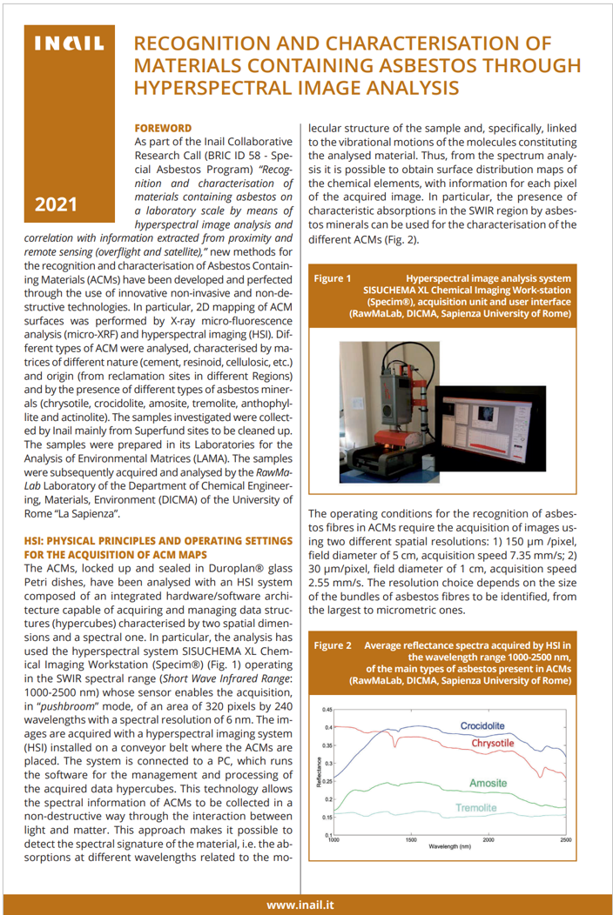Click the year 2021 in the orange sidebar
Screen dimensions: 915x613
56,206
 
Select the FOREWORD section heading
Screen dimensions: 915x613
163,127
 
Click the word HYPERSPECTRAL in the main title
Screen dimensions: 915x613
201,87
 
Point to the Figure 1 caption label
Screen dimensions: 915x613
333,278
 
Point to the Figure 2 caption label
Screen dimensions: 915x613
333,645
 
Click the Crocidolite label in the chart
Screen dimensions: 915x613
488,725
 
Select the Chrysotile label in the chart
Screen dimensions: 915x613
492,744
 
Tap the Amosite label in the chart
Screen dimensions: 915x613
488,783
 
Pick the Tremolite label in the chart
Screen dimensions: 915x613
475,808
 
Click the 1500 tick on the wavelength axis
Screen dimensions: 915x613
410,840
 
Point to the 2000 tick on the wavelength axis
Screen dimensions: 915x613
488,840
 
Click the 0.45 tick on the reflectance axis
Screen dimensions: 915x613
327,710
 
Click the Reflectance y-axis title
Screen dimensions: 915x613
318,772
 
